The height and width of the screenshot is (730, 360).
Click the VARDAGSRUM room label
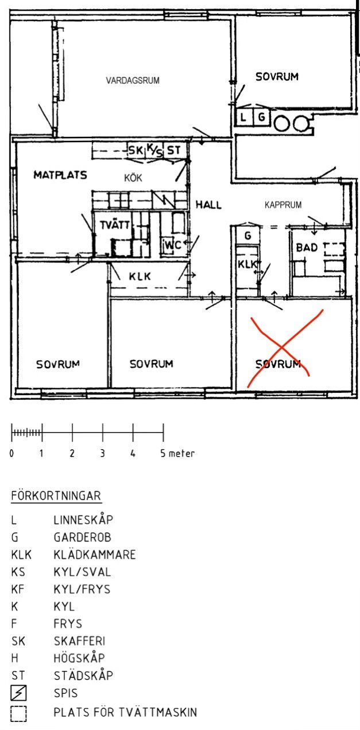133,80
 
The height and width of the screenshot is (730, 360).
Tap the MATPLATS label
60,175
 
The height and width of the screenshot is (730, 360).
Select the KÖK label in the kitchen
133,177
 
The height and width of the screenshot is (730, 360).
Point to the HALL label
208,204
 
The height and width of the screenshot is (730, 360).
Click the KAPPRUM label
283,204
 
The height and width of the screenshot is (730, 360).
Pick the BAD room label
307,248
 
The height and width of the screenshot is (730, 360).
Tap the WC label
173,245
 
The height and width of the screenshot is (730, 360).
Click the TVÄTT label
115,225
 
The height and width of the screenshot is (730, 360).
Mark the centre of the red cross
281,348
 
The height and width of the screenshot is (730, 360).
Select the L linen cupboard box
243,117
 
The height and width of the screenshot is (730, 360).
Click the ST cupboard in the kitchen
173,150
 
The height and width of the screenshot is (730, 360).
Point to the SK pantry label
136,150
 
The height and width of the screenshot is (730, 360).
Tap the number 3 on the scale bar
103,453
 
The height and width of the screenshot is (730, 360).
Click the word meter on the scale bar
181,453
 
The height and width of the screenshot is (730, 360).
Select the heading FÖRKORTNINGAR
56,496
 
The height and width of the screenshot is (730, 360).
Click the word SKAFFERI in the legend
79,641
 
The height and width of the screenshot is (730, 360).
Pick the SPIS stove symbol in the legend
18,693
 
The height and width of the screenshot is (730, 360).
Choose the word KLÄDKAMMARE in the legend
95,554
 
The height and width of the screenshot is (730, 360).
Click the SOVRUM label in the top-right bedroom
277,76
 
